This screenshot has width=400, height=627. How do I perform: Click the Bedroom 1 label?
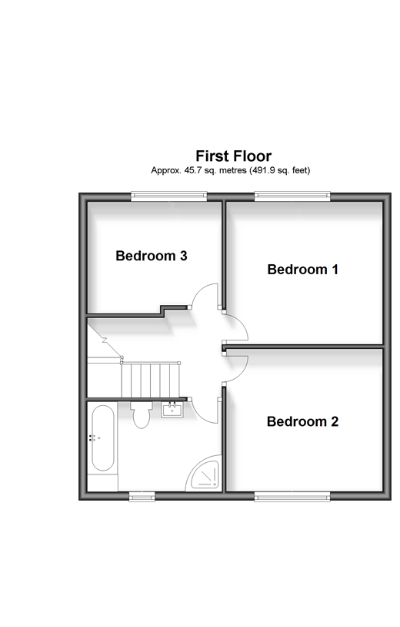(302, 270)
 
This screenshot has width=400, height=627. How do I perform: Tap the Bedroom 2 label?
(302, 421)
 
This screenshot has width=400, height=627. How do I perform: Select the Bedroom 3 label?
(152, 256)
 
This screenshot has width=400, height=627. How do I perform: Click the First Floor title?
(234, 156)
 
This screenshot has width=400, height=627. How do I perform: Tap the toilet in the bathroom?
(142, 415)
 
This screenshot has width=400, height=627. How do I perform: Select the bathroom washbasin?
(172, 410)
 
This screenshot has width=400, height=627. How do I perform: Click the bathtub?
(102, 438)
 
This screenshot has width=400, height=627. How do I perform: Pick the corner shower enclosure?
(204, 473)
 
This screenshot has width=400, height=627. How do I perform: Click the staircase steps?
(151, 380)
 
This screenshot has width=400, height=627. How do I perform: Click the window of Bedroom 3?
(169, 196)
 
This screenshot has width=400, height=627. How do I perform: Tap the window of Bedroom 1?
(292, 196)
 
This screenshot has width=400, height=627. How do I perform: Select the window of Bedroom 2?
(292, 498)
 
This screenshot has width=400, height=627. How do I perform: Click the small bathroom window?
(142, 498)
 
